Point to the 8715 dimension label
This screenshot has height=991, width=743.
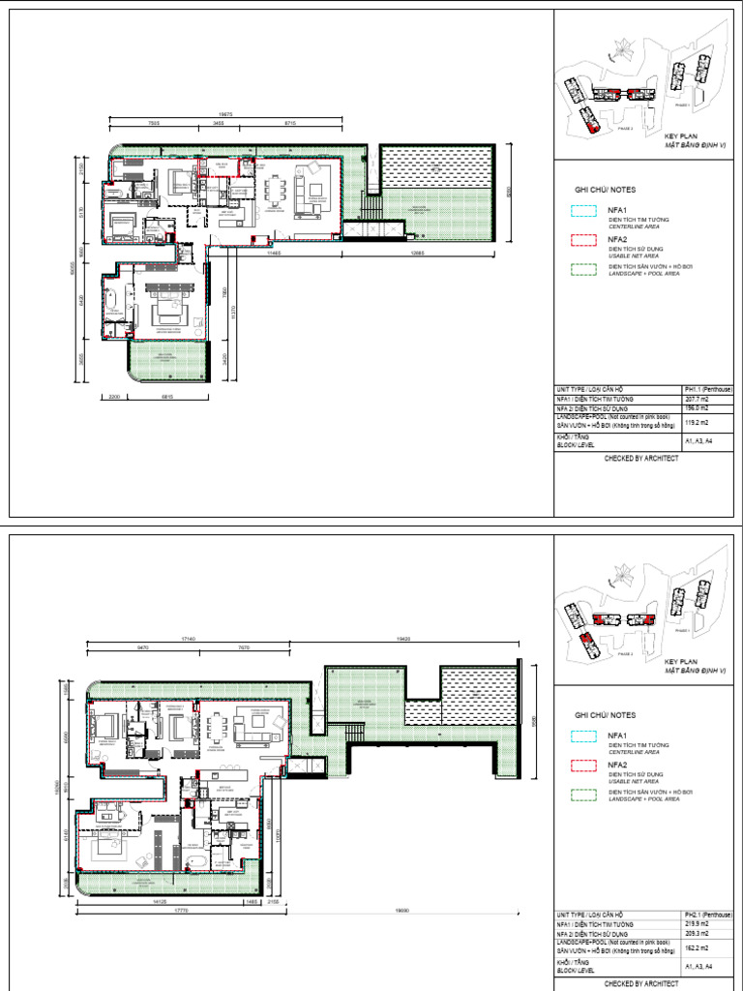pos(289,125)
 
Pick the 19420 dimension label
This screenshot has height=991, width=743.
pos(406,640)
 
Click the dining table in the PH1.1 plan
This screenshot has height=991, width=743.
pos(278,190)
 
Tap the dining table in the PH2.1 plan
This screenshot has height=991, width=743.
pos(226,723)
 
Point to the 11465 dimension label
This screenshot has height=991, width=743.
pos(274,253)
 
